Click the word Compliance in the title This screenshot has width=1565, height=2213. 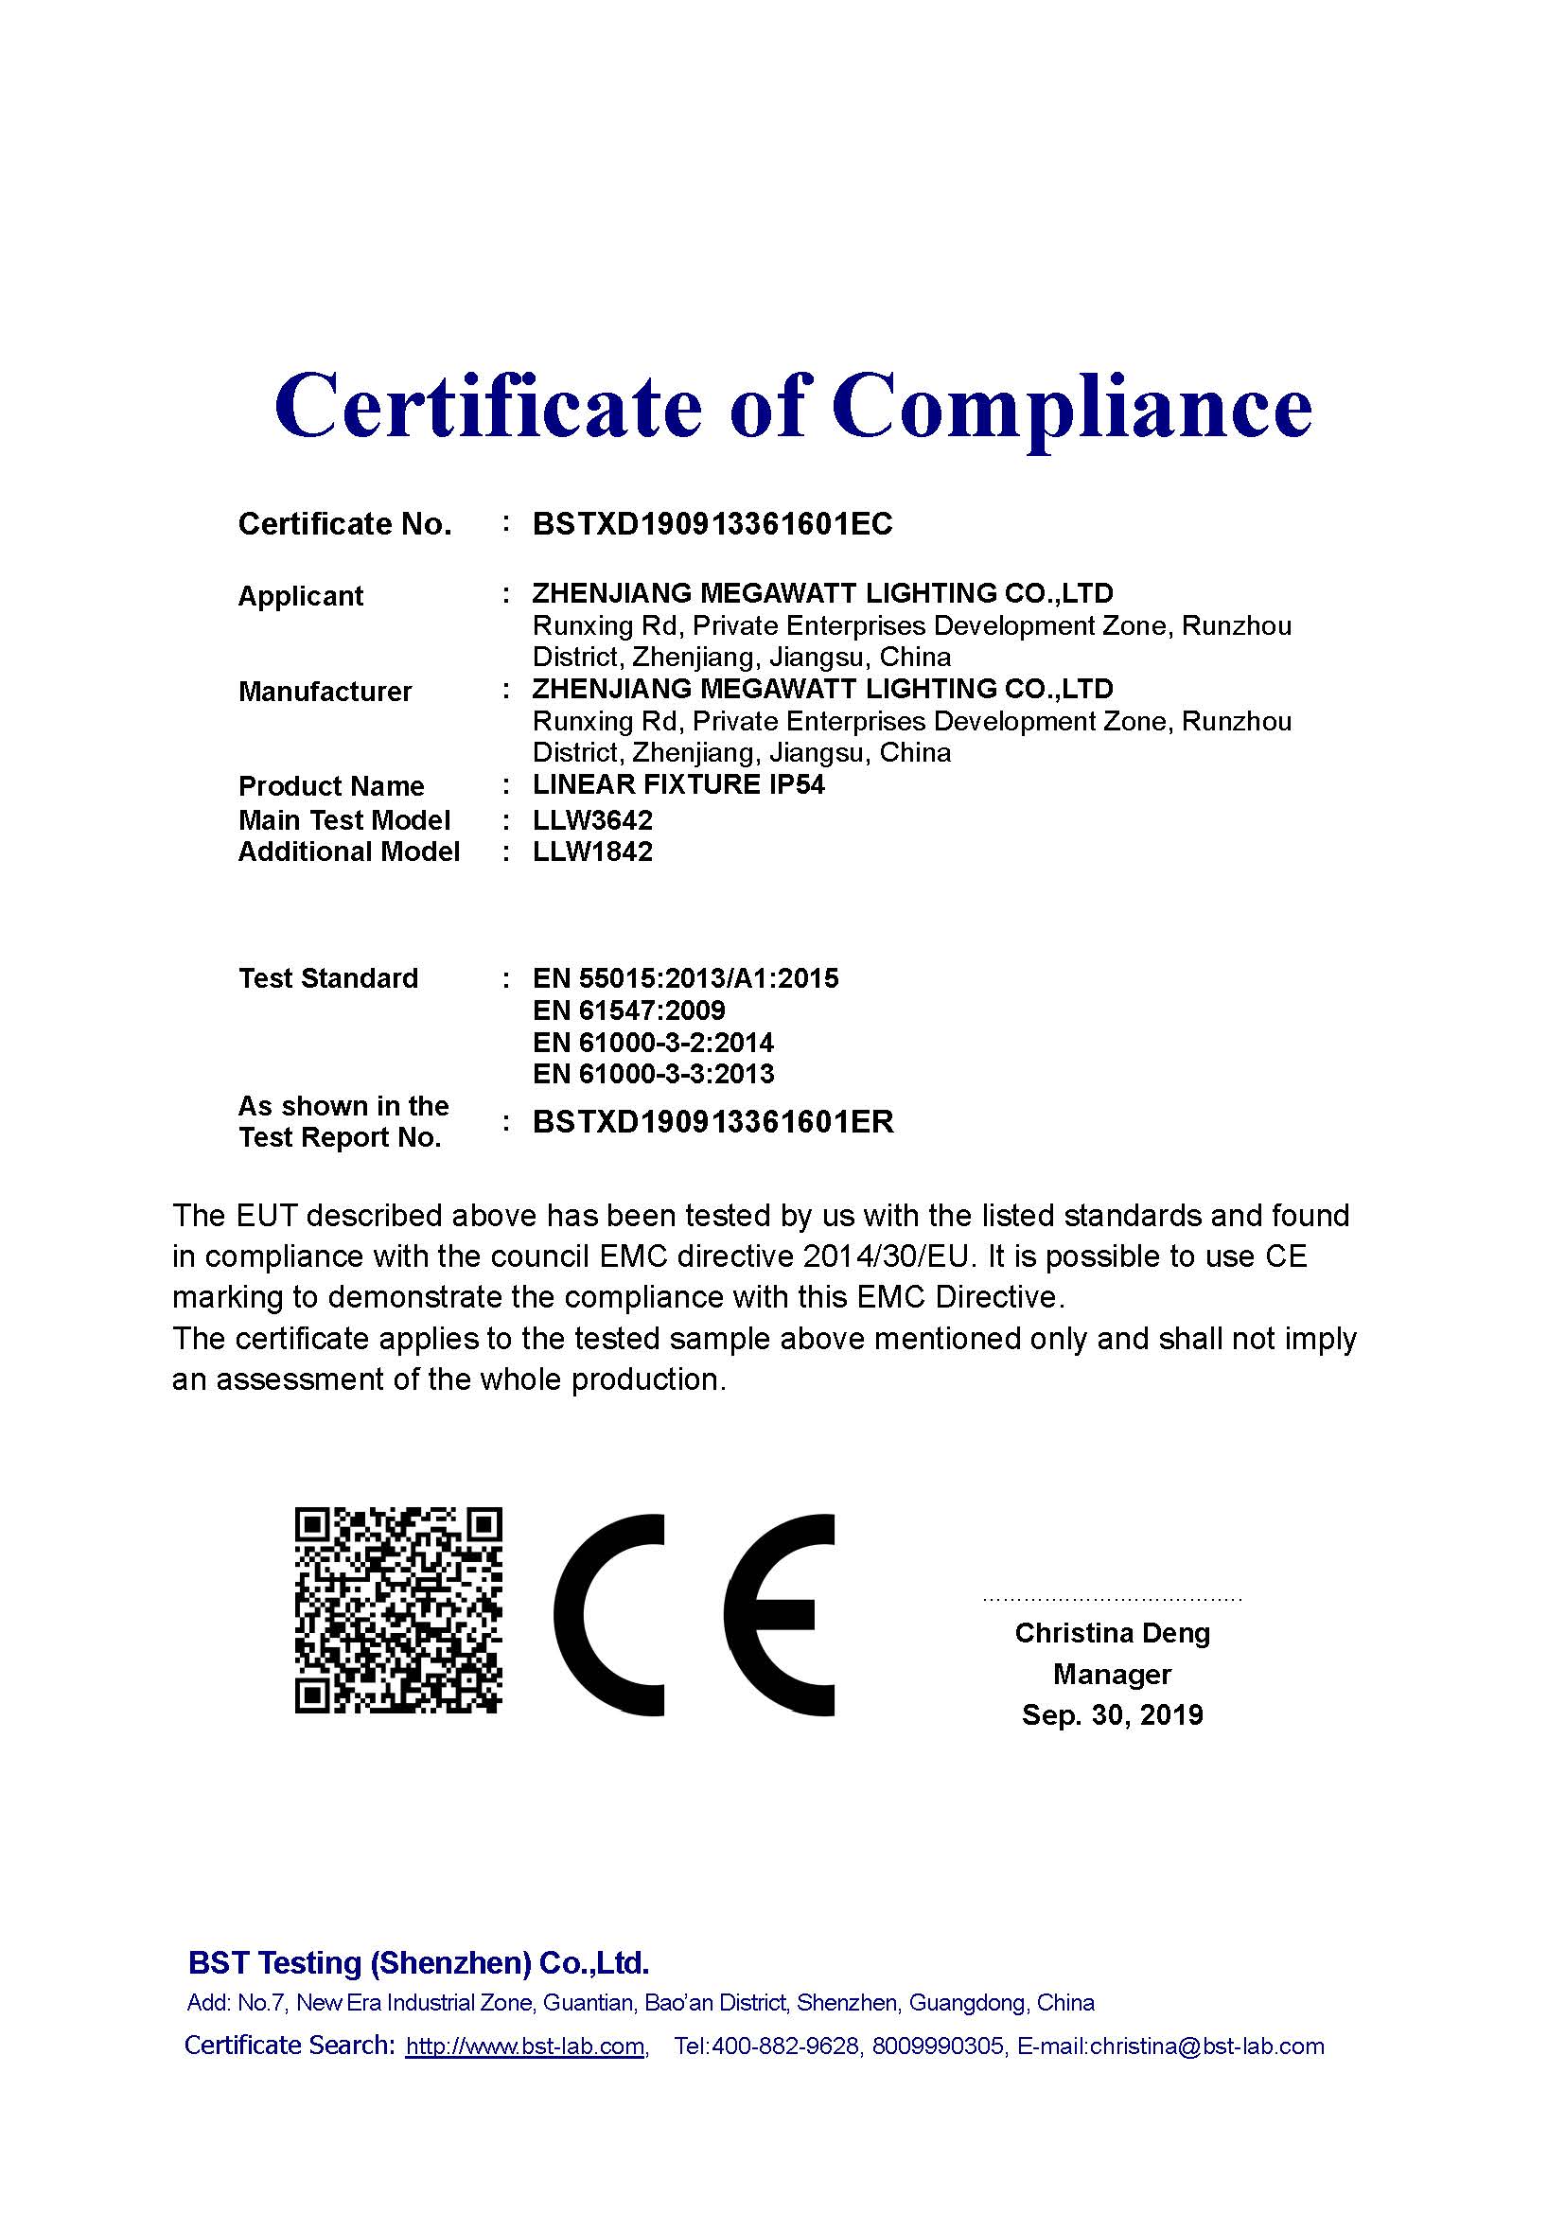tap(1072, 405)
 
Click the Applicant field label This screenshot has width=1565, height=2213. tap(301, 596)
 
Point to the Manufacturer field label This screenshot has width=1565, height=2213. tap(325, 691)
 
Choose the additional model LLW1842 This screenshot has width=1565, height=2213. tap(592, 852)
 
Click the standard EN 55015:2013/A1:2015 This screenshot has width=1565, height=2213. tap(685, 978)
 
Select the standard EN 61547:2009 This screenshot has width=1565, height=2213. tap(628, 1010)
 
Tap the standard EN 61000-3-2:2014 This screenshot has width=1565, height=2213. tap(654, 1042)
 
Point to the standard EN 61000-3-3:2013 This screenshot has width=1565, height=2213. tap(654, 1074)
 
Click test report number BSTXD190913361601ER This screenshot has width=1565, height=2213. tap(713, 1122)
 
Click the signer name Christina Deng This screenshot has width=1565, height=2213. tap(1112, 1633)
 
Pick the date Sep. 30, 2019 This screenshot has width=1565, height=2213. tap(1112, 1714)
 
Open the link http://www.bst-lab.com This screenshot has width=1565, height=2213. tap(525, 2046)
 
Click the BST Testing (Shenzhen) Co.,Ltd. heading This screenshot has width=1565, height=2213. tap(418, 1962)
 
